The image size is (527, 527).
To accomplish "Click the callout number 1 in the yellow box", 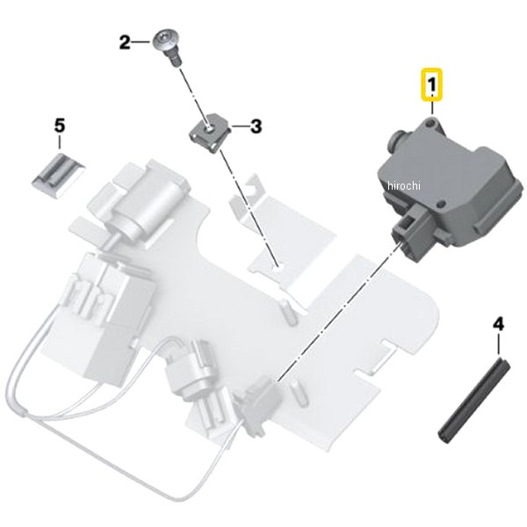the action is (x=432, y=84).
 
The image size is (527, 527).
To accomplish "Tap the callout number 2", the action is (x=125, y=43).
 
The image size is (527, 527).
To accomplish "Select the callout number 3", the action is (x=256, y=126).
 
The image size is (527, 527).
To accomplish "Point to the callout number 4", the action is (x=498, y=325).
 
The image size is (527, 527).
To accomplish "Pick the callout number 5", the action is (x=60, y=126).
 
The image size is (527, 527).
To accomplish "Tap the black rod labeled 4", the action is (x=474, y=401).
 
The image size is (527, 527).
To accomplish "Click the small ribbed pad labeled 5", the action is (x=59, y=176).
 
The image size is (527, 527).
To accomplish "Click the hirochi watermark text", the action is (x=404, y=185).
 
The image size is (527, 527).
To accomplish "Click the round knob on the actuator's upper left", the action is (x=397, y=140).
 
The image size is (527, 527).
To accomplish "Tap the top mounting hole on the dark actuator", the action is (x=430, y=125).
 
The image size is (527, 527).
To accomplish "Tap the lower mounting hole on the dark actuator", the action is (x=442, y=203).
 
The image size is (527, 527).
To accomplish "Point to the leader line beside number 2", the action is (x=141, y=42).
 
